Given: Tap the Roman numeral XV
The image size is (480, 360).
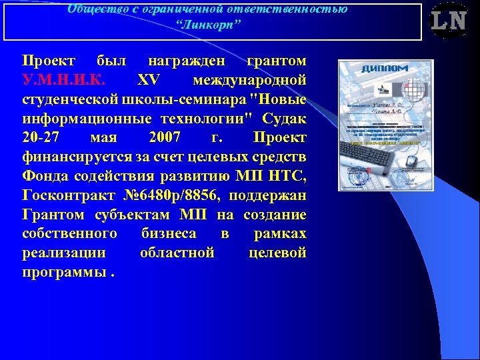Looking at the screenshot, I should (x=147, y=81).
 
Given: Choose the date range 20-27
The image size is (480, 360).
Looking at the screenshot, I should (x=41, y=138).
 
